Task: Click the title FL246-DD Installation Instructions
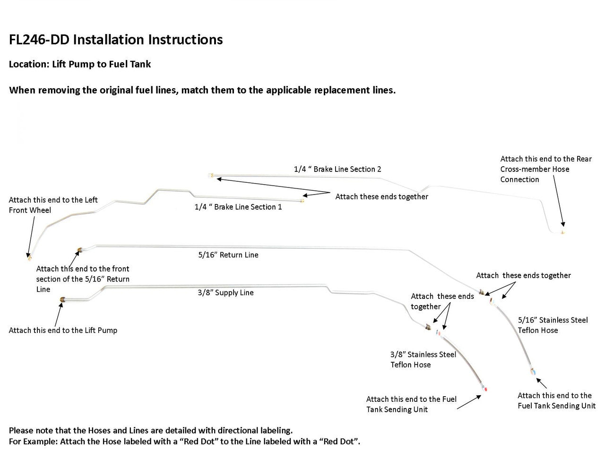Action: (x=116, y=40)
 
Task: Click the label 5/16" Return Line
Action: (x=228, y=255)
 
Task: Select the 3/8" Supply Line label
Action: (x=225, y=293)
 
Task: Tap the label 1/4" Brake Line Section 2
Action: (x=337, y=169)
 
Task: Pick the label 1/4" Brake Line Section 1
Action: (x=238, y=207)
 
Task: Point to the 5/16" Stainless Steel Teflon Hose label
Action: (x=553, y=325)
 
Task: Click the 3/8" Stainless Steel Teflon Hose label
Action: (x=423, y=359)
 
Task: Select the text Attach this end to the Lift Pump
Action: (x=63, y=331)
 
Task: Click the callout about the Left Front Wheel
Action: (x=53, y=205)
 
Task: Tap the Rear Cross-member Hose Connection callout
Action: (x=546, y=169)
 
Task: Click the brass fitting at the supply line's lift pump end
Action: (x=63, y=299)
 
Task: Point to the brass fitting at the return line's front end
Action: (x=79, y=250)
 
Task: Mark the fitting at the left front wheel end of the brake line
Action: (x=28, y=258)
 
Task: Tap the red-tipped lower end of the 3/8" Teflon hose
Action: (x=485, y=389)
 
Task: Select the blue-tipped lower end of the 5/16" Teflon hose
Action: (x=533, y=372)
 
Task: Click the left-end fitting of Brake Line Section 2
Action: (x=211, y=176)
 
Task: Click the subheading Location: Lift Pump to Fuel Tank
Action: (x=80, y=64)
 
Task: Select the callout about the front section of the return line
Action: (x=83, y=279)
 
